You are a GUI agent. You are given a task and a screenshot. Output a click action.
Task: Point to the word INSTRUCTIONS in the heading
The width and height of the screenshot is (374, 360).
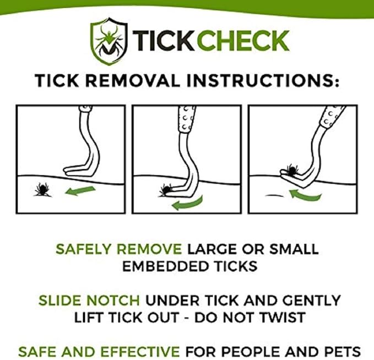coord(268,80)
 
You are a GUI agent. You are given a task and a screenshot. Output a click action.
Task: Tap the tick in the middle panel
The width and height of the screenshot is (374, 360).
coord(164,191)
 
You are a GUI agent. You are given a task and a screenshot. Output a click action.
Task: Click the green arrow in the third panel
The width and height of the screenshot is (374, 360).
coord(305,195)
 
